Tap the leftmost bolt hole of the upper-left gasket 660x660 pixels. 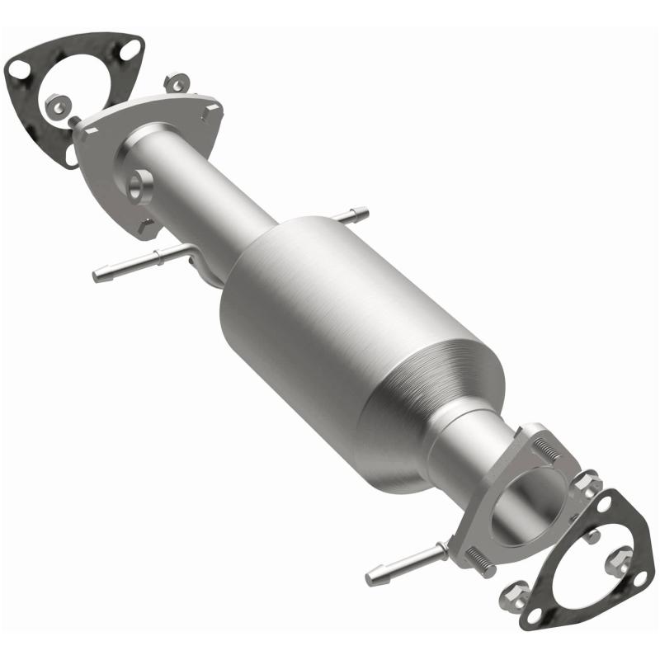(18, 71)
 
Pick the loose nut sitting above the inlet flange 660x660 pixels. (176, 83)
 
